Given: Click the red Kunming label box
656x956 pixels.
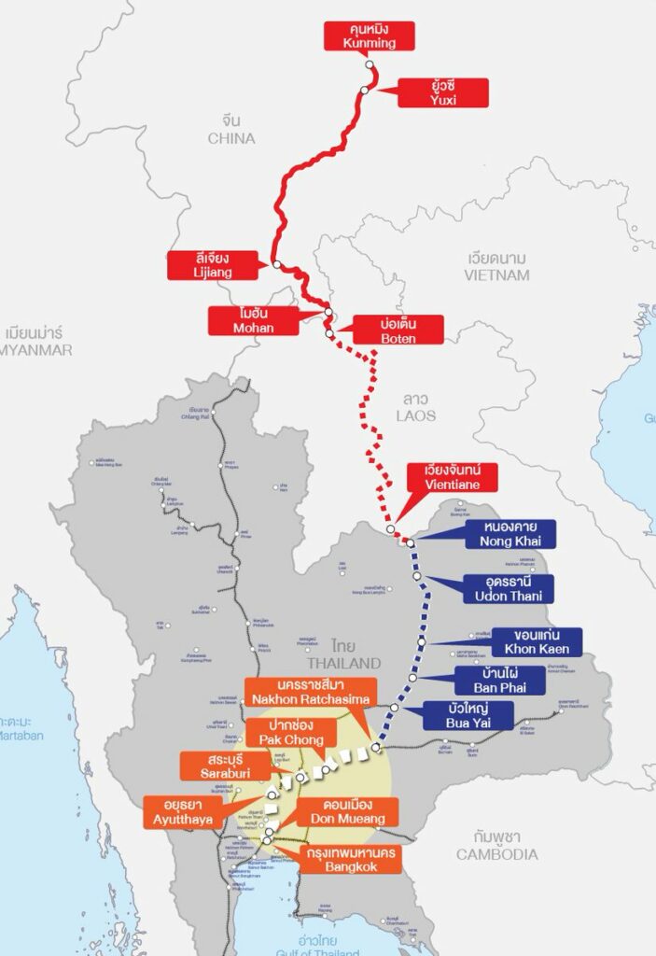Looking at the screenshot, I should click(370, 35).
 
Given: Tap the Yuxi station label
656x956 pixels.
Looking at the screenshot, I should click(443, 92).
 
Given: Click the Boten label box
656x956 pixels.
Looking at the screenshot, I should click(398, 330).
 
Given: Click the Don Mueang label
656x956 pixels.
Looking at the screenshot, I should click(347, 811).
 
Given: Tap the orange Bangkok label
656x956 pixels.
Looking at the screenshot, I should click(347, 859).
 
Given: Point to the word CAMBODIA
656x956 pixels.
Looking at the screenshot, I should click(496, 854).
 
